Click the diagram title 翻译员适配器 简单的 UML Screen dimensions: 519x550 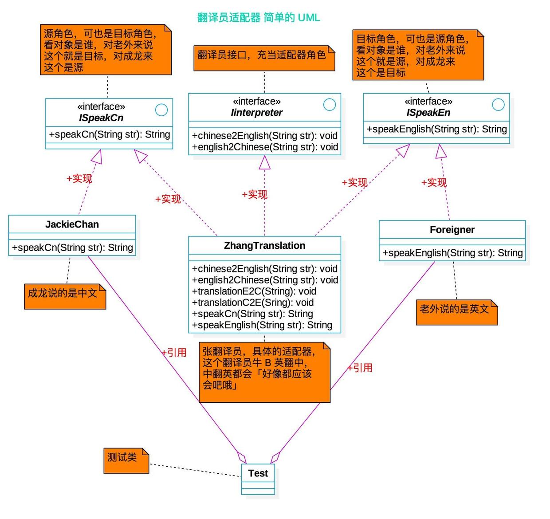pos(259,18)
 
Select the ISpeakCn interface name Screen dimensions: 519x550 pos(101,118)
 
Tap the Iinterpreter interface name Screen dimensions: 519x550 pos(256,113)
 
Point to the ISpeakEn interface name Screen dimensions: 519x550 pos(428,113)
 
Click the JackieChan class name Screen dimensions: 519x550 pos(72,224)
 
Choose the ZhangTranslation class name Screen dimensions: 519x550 pos(264,246)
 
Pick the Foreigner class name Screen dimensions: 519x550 pos(452,230)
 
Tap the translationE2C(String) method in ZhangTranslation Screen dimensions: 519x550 pos(254,291)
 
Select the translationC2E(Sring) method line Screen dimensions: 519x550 pos(253,303)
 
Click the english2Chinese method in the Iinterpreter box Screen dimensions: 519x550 pos(265,147)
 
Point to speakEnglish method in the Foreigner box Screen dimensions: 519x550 pos(452,253)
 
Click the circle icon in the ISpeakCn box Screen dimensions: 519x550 pos(161,110)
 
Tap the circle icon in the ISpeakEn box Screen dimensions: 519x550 pos(499,104)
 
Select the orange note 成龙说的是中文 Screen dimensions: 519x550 pos(65,296)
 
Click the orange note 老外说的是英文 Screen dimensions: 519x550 pos(456,312)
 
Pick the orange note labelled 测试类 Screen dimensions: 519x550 pos(126,460)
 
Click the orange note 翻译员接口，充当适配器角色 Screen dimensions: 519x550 pos(264,57)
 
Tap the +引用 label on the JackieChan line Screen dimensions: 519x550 pos(174,353)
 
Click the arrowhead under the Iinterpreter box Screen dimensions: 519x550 pos(265,163)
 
